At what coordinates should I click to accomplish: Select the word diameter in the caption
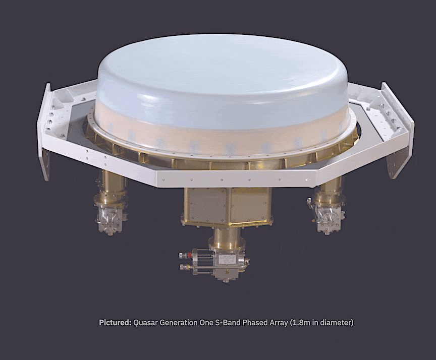(x=336, y=323)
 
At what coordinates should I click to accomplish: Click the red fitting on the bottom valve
(x=190, y=255)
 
